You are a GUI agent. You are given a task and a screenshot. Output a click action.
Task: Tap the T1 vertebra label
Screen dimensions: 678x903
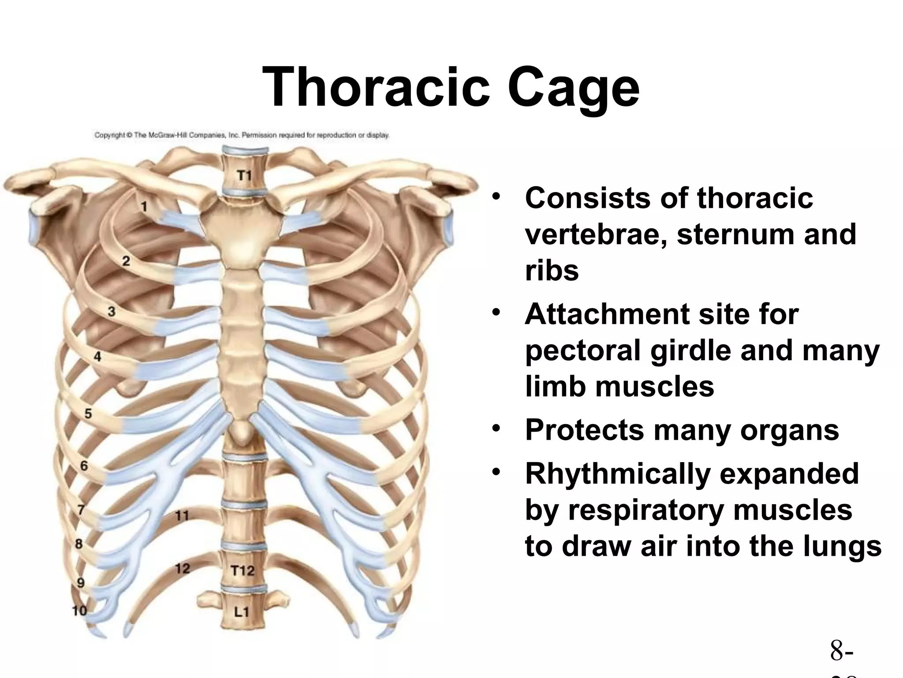coord(244,176)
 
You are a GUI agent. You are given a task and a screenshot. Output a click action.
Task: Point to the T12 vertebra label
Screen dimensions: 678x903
coord(243,571)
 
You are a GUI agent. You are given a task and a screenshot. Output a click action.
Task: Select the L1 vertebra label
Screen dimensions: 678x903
coord(242,612)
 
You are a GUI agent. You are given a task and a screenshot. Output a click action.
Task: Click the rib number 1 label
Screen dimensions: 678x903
coord(144,206)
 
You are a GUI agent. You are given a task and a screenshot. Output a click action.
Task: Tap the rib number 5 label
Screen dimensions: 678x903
coord(88,414)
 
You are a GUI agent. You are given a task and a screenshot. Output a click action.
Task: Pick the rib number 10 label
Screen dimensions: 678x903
coord(79,610)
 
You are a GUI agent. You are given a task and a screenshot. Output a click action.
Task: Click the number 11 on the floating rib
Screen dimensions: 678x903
coord(182,515)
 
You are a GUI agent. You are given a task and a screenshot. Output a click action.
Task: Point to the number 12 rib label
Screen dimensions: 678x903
coord(182,568)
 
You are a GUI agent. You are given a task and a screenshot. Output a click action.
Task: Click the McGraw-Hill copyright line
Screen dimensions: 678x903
coord(242,135)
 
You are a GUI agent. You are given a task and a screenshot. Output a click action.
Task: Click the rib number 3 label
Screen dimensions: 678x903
coord(112,312)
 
